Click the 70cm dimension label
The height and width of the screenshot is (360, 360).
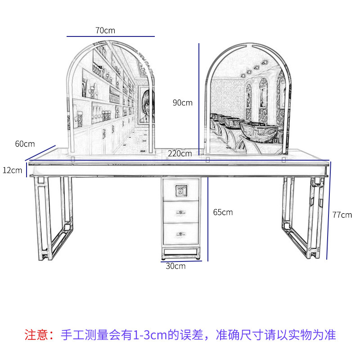pos(105,30)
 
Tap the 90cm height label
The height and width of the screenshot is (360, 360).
pos(182,103)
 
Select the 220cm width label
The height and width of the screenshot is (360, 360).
pos(180,153)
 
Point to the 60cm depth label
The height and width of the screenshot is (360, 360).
pos(25,144)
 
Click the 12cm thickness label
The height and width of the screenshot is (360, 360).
pos(12,170)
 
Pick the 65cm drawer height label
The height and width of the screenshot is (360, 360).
pos(223,212)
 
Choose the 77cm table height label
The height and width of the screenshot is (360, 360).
pos(342,214)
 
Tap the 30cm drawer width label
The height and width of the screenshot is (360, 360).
pos(175,266)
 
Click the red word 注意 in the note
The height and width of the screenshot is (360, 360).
pos(35,335)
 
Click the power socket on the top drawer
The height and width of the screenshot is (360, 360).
pos(180,191)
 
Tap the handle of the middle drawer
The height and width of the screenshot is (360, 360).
pos(180,212)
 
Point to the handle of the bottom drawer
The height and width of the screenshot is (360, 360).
pos(180,234)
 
